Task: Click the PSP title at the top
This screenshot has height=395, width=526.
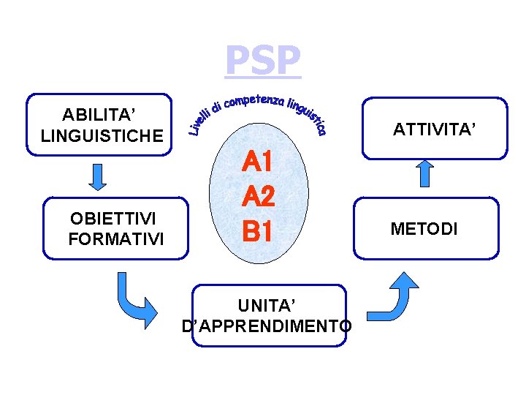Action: point(262,61)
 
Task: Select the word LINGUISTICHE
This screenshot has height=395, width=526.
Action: point(102,135)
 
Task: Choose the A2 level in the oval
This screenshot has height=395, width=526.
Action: point(259,196)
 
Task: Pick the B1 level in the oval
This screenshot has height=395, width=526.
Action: point(259,231)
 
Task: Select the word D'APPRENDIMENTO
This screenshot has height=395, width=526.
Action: point(267,325)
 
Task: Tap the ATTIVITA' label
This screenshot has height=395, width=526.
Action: point(435,130)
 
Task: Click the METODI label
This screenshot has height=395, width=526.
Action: point(424,229)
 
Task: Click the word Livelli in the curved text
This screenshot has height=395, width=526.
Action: point(199,121)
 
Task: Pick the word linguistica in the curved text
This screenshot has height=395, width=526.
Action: point(306,114)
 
